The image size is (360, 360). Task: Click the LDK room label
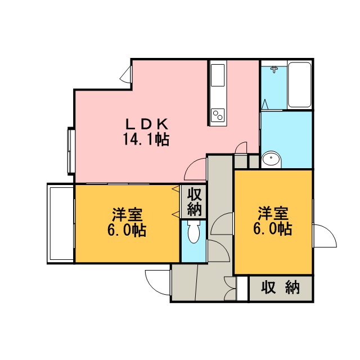147,124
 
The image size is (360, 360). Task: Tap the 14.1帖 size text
146,139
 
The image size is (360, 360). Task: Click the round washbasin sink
271,159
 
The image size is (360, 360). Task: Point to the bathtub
300,84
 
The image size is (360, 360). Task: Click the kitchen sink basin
218,75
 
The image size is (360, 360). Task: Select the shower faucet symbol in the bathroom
274,69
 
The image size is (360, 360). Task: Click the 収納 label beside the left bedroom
194,201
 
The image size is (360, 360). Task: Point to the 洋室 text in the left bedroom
127,215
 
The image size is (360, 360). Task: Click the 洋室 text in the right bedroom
273,214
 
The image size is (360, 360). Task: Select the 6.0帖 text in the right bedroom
273,228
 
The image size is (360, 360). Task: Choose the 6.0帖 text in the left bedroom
127,230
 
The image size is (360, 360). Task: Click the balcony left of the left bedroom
60,224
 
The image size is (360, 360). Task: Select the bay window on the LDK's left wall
70,151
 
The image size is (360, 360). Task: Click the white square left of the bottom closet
242,289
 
